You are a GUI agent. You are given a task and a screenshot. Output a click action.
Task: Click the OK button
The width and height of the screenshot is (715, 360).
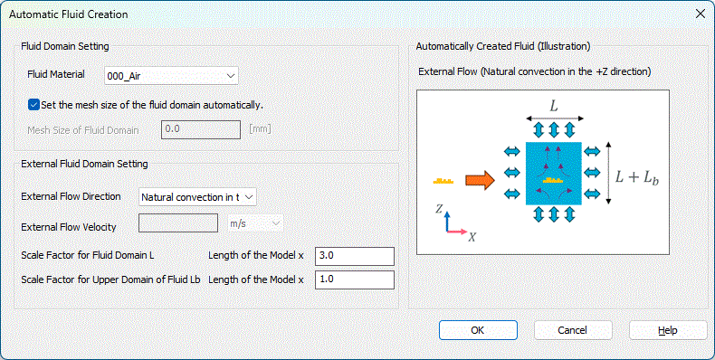click(x=478, y=330)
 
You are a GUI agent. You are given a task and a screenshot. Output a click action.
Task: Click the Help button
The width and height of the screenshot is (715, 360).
click(x=668, y=330)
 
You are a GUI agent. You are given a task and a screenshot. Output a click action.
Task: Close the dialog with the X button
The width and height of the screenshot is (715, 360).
click(x=701, y=14)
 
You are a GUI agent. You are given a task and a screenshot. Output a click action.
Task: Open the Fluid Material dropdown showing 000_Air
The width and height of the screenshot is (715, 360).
click(x=171, y=76)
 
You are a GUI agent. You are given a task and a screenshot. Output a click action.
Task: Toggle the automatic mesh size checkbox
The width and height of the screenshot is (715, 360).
click(x=33, y=105)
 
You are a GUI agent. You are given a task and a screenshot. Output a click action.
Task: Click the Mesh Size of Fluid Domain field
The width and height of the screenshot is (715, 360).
click(x=201, y=129)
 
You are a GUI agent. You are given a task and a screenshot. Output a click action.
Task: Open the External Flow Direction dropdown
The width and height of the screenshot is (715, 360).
click(x=197, y=197)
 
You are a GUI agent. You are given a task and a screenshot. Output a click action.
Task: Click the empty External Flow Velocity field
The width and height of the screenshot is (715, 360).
click(x=177, y=223)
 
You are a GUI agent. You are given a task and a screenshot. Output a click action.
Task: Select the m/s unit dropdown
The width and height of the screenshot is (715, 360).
click(x=255, y=223)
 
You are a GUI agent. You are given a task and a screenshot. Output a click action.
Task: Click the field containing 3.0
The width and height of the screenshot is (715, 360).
click(x=354, y=256)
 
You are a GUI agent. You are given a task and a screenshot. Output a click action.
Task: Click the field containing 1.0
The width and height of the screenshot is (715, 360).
click(x=354, y=279)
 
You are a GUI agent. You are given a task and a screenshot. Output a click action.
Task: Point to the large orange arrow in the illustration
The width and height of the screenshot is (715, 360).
click(x=480, y=181)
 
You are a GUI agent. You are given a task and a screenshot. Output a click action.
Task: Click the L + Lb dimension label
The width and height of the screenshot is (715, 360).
click(x=637, y=176)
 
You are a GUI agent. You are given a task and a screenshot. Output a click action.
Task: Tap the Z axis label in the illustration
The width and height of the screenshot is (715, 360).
click(x=439, y=208)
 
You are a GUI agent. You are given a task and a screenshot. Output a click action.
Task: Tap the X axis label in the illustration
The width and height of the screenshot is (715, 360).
click(x=472, y=237)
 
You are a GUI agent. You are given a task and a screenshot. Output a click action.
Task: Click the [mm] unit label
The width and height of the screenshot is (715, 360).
click(x=260, y=129)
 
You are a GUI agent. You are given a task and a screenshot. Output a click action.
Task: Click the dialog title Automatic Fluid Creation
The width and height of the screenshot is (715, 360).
click(x=69, y=14)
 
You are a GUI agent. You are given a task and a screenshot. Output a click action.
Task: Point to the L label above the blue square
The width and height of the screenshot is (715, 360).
click(x=554, y=106)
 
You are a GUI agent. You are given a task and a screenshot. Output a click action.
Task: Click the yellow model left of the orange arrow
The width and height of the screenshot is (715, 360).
click(x=443, y=181)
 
